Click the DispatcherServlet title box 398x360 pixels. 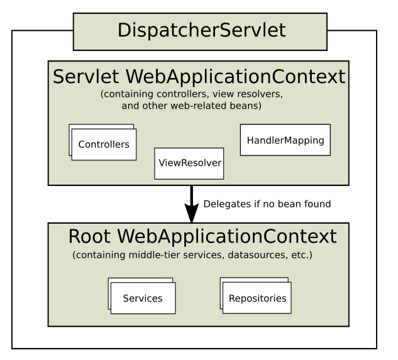coord(200,31)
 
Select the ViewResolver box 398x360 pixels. coord(189,163)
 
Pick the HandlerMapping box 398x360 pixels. coord(285,139)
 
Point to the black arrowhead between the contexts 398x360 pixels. coord(192,213)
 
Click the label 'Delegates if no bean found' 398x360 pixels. coord(267,204)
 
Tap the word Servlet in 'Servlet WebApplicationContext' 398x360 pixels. coord(86,77)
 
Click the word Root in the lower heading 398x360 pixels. coord(89,236)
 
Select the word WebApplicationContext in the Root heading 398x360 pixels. coord(227,236)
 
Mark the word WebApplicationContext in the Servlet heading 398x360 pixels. coord(235,77)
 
